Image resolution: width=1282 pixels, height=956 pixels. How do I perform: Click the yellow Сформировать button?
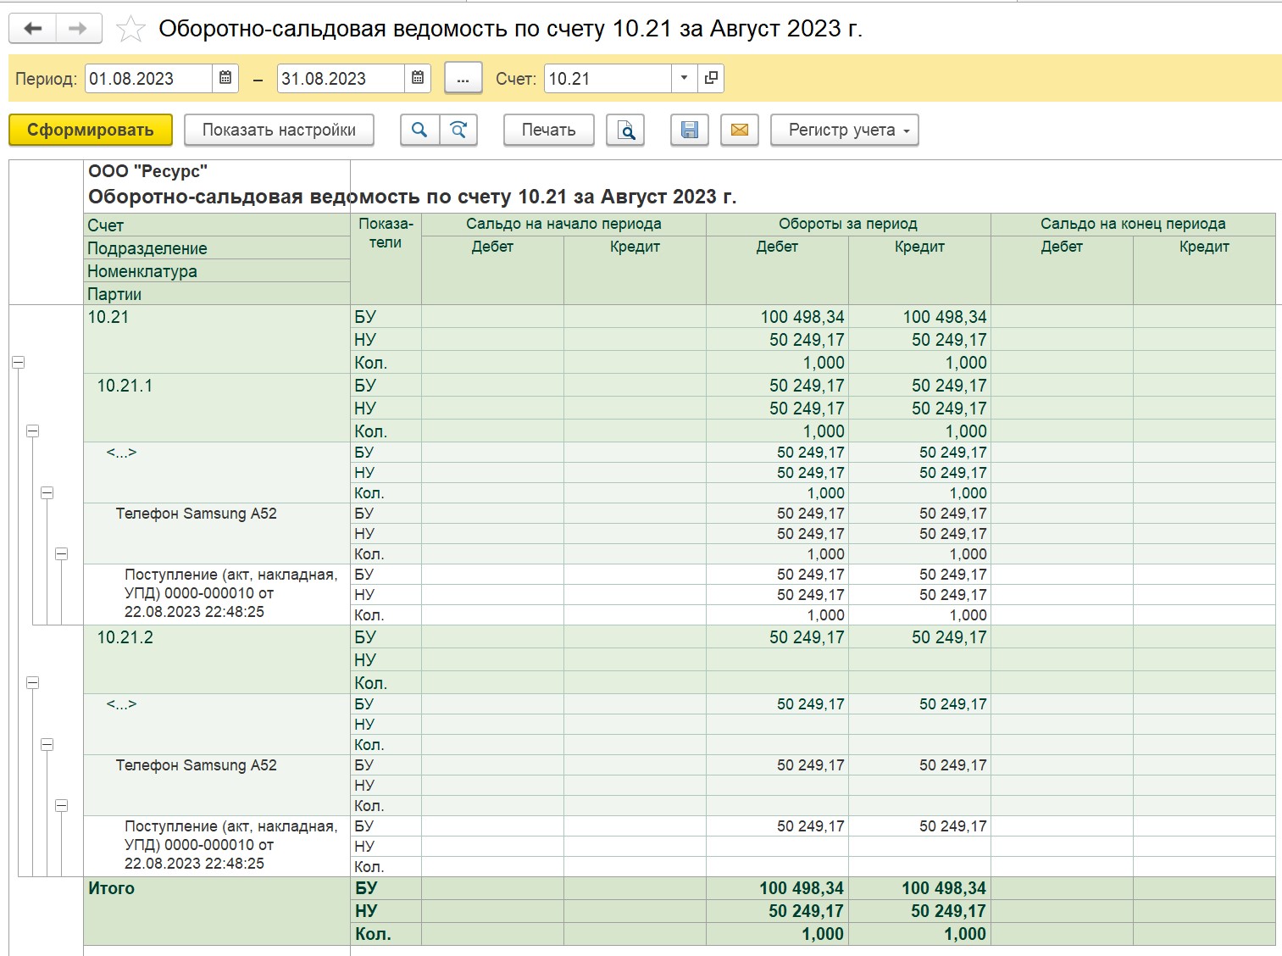[x=91, y=130]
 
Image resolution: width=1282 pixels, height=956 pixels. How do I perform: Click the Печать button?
[x=548, y=130]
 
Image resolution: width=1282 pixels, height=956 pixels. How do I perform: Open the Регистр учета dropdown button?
[x=844, y=130]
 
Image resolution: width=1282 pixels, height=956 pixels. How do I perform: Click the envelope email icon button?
[x=740, y=130]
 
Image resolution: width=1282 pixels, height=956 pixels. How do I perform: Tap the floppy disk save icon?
[x=689, y=130]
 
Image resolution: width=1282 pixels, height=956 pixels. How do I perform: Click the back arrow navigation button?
[x=33, y=28]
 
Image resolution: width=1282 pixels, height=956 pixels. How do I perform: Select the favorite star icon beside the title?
[x=130, y=29]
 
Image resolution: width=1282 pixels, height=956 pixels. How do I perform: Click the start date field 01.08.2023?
[x=148, y=78]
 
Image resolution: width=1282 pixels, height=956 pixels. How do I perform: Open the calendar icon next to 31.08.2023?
[x=417, y=78]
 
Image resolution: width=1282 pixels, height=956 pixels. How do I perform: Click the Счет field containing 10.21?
[x=608, y=78]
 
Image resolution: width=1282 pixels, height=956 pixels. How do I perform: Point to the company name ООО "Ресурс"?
[x=147, y=171]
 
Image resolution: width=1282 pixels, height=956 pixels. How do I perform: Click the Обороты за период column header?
[x=847, y=224]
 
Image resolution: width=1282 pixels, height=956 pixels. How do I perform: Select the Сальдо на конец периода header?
[x=1133, y=224]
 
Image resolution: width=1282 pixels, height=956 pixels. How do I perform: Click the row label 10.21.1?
[x=125, y=386]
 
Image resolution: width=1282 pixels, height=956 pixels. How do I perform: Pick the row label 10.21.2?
[x=125, y=637]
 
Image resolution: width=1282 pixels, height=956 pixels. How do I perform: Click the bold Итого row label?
[x=111, y=888]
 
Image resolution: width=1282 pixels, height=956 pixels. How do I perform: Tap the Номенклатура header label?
[x=142, y=271]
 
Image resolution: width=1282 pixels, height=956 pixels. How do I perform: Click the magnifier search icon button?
[x=419, y=130]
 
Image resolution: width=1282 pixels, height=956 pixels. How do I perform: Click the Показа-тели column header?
[x=386, y=233]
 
